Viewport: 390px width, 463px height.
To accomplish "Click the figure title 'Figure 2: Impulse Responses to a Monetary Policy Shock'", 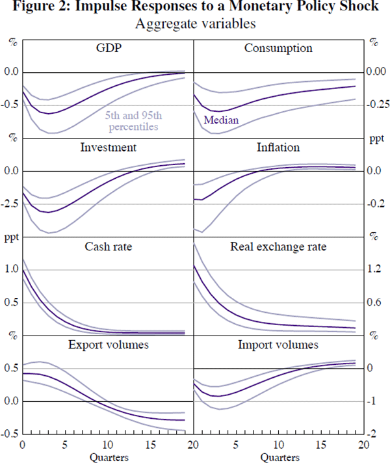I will tap(195, 8).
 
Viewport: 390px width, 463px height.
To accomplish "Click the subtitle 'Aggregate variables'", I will tap(194, 25).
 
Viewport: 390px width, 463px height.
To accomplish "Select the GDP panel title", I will tap(108, 49).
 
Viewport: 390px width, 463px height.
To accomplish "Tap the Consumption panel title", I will tap(278, 49).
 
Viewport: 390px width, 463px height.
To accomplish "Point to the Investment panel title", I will tap(108, 148).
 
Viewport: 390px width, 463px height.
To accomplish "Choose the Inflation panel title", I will tap(278, 148).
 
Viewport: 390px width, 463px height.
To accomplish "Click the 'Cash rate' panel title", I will tap(108, 246).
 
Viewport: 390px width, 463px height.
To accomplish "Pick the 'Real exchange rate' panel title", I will tap(278, 246).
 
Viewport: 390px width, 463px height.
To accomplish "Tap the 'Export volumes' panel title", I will tap(108, 345).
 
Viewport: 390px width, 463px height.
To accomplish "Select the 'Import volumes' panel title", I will tap(278, 345).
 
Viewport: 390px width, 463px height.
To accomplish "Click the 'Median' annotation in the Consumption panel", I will tap(222, 120).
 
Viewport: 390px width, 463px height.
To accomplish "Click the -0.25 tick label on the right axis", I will tap(376, 105).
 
